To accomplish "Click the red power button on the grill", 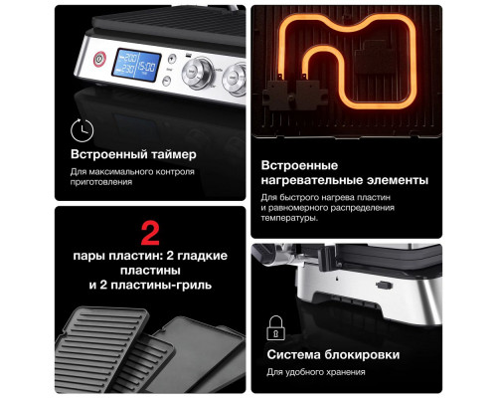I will point(98,59).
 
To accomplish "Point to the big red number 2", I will point(150,234).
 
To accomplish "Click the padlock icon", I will point(275,327).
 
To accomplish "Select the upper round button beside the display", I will point(170,58).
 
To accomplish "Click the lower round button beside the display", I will point(170,74).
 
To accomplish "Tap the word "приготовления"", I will point(101,183).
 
